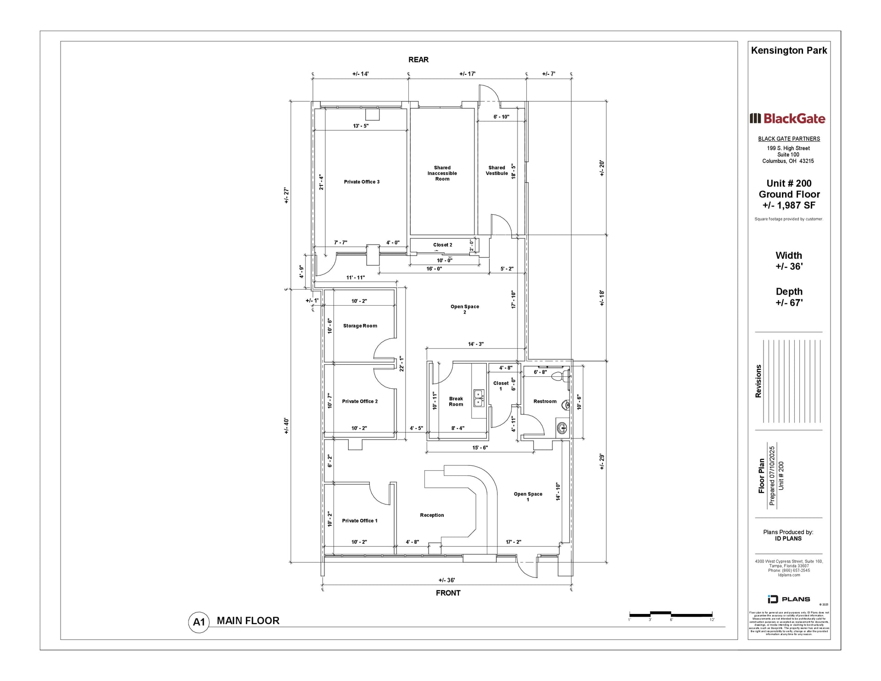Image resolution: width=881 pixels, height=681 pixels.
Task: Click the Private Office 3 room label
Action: (362, 182)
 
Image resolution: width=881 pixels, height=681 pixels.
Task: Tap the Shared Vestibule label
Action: (497, 171)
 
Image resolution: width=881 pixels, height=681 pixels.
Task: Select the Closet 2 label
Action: (442, 245)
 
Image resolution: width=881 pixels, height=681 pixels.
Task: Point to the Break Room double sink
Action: (479, 398)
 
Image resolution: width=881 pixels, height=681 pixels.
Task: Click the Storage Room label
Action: (360, 326)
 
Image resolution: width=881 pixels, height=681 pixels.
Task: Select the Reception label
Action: (432, 515)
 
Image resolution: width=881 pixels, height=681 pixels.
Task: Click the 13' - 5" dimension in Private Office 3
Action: (361, 126)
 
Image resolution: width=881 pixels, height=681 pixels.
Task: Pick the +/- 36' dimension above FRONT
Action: (446, 581)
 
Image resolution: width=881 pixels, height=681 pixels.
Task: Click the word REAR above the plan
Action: (418, 60)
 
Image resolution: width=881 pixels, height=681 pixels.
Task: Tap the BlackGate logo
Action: (787, 119)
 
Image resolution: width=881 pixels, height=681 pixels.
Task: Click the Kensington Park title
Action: (789, 50)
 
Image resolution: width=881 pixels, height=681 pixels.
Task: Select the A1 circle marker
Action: (199, 622)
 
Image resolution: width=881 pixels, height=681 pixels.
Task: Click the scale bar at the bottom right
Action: (670, 614)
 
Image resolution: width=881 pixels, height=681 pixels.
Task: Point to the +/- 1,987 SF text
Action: (789, 206)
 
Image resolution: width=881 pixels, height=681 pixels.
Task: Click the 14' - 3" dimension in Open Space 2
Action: (476, 344)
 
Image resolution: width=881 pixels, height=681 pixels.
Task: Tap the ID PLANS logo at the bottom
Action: (789, 599)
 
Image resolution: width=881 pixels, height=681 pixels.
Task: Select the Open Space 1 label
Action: (528, 497)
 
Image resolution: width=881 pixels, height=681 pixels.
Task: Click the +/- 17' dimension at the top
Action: (467, 74)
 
